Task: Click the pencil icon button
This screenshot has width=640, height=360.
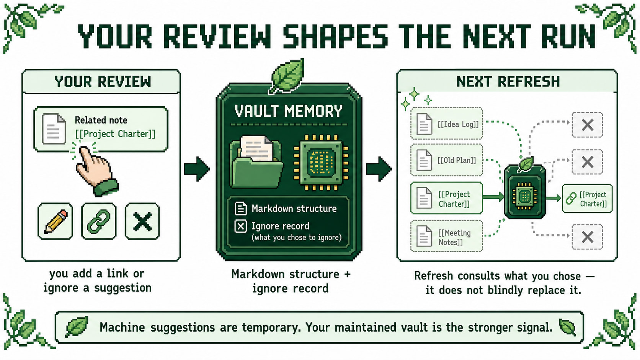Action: [55, 221]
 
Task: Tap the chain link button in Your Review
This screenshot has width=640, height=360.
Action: [99, 221]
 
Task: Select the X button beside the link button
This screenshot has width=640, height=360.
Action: [142, 221]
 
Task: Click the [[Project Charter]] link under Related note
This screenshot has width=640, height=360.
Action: [115, 134]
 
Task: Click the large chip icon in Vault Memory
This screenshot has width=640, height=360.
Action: [321, 163]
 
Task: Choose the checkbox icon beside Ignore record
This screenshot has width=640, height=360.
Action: [240, 226]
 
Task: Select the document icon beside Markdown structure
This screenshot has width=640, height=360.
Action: [240, 209]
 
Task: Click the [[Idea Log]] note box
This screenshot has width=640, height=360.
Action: [447, 124]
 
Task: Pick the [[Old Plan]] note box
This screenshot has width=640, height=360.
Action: [447, 160]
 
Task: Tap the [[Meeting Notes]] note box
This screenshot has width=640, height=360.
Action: [447, 236]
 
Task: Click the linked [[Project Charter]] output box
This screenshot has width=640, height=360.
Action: [587, 199]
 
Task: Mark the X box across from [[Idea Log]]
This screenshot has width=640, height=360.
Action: [588, 125]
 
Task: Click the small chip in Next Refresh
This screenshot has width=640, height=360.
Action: [525, 192]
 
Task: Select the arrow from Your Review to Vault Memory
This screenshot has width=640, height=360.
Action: [197, 169]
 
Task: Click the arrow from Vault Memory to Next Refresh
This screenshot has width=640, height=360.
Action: [379, 169]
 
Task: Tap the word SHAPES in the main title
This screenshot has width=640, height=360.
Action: [335, 37]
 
